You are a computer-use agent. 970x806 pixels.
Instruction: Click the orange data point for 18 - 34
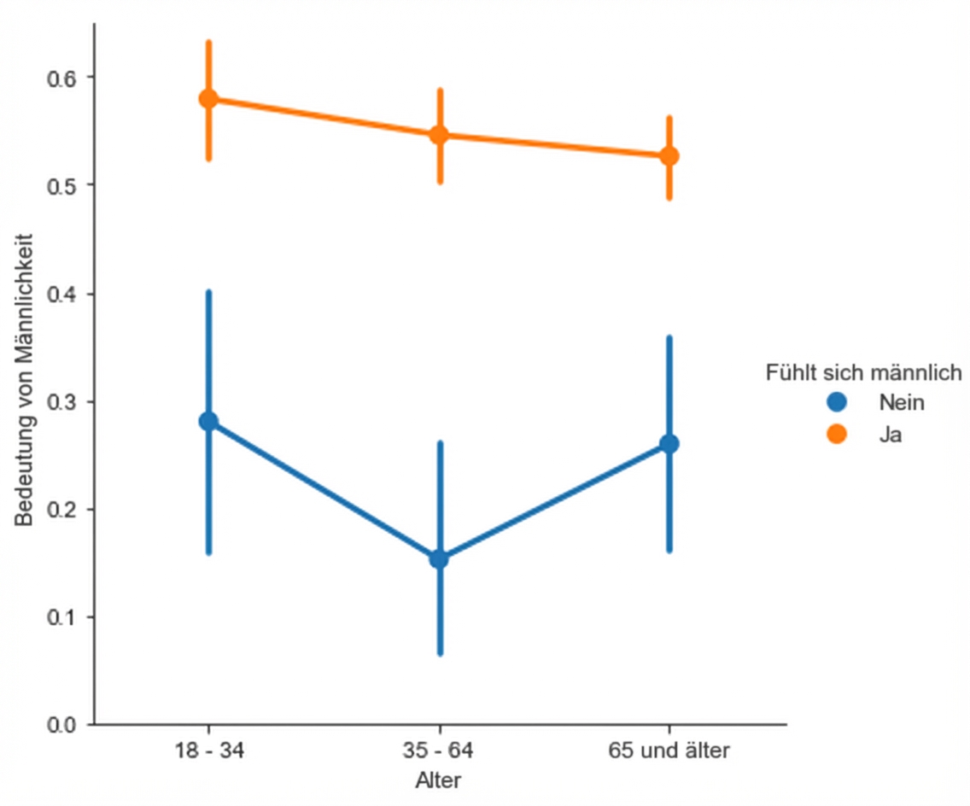tap(208, 99)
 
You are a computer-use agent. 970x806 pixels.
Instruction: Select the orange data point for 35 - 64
tap(439, 135)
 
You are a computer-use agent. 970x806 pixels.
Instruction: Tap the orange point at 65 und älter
tap(669, 155)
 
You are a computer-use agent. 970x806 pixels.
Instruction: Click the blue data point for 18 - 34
tap(208, 421)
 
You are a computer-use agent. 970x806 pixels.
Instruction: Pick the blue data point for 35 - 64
tap(439, 559)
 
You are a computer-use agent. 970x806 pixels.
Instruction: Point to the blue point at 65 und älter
tap(669, 444)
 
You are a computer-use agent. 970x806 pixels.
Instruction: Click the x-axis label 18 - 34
tap(208, 751)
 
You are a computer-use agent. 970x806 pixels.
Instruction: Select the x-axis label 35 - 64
tap(439, 751)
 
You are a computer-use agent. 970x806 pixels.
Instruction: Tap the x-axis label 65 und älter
tap(669, 751)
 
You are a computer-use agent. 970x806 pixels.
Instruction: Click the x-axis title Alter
tap(439, 780)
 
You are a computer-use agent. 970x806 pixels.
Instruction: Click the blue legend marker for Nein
tap(837, 402)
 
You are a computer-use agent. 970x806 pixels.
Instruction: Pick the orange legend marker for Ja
tap(837, 434)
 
